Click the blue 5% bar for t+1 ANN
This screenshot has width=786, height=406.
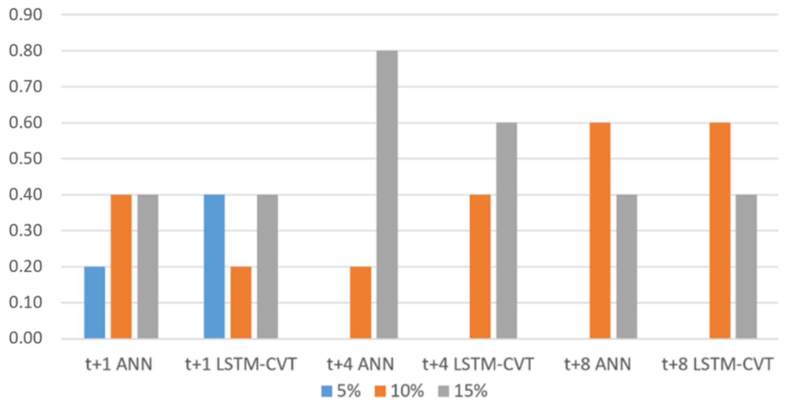[94, 303]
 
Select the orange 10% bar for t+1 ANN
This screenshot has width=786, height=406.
[121, 267]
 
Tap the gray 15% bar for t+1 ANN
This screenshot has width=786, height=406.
[148, 267]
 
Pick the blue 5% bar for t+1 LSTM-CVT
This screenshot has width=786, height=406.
[214, 267]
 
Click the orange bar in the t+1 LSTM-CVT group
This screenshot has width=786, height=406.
[241, 303]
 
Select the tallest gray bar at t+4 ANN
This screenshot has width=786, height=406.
[387, 194]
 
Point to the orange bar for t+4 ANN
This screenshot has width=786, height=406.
[361, 303]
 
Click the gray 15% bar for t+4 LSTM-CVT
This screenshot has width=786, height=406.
[506, 231]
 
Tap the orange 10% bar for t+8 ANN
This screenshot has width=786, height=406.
[600, 231]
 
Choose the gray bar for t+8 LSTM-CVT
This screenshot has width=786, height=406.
[746, 267]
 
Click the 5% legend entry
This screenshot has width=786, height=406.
[341, 391]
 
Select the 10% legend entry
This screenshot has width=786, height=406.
[399, 391]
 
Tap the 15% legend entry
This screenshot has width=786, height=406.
[463, 391]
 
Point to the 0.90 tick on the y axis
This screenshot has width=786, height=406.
[26, 15]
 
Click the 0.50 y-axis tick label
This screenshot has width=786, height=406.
[26, 159]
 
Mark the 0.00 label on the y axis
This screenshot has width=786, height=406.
[26, 338]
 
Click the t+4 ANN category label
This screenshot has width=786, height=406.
[360, 364]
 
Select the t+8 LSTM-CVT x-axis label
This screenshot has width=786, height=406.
[717, 364]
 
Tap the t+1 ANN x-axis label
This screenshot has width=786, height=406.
[119, 364]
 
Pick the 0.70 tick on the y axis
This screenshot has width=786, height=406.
[26, 87]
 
